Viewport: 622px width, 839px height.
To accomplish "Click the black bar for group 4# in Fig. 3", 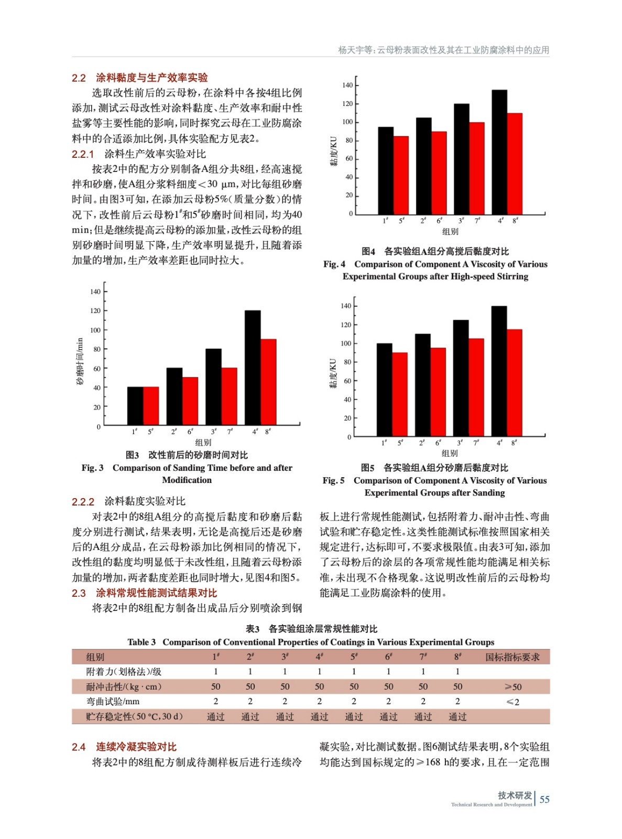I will point(253,367).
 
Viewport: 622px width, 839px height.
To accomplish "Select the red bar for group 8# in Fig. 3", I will point(268,382).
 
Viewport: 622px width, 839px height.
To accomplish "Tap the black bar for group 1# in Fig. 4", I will point(386,170).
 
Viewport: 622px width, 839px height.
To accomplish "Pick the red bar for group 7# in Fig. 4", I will point(477,168).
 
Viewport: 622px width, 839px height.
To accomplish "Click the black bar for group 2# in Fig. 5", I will point(422,384).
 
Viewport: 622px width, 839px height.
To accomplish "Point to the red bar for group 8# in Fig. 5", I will point(514,383).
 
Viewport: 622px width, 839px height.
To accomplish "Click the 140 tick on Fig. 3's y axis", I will point(95,292).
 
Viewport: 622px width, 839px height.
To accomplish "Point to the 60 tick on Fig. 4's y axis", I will point(349,159).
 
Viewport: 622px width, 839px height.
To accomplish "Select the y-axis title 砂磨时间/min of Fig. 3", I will point(80,361).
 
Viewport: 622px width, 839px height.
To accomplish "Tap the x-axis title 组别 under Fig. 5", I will point(450,453).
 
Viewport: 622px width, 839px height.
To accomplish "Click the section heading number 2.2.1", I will point(83,154).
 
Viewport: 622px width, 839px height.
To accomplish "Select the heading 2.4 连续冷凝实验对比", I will point(124,747).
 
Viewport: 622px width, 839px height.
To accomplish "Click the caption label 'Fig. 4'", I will point(334,264).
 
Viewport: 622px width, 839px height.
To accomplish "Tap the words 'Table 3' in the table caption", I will point(141,642).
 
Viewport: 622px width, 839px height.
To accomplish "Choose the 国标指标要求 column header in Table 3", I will point(512,657).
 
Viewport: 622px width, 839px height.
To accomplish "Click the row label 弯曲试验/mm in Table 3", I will point(113,702).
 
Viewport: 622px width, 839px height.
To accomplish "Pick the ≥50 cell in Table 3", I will point(512,687).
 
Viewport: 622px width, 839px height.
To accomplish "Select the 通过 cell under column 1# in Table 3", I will point(215,717).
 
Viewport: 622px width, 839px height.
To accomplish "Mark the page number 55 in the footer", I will point(544,799).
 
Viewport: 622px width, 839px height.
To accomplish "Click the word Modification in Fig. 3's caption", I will point(187,480).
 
